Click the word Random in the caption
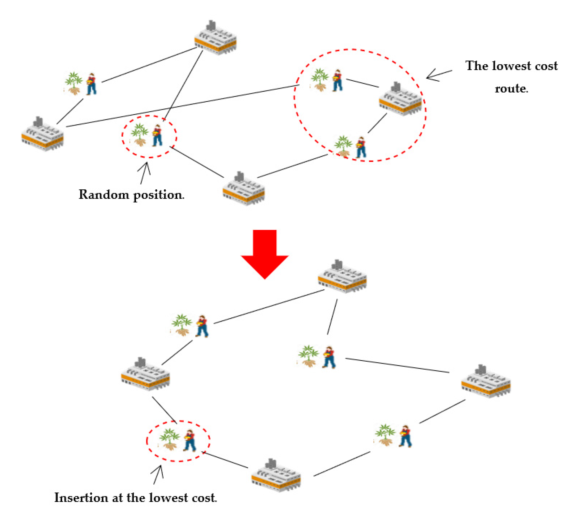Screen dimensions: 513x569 tap(103, 195)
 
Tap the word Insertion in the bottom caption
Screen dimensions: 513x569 tap(81, 498)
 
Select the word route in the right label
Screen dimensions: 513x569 tap(510, 89)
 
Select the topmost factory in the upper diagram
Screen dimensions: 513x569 tap(215, 38)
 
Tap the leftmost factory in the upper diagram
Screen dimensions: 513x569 tap(42, 135)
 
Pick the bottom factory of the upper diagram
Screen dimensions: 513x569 tap(243, 189)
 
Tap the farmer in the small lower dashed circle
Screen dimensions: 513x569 tap(190, 441)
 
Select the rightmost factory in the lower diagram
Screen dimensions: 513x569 tap(485, 382)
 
